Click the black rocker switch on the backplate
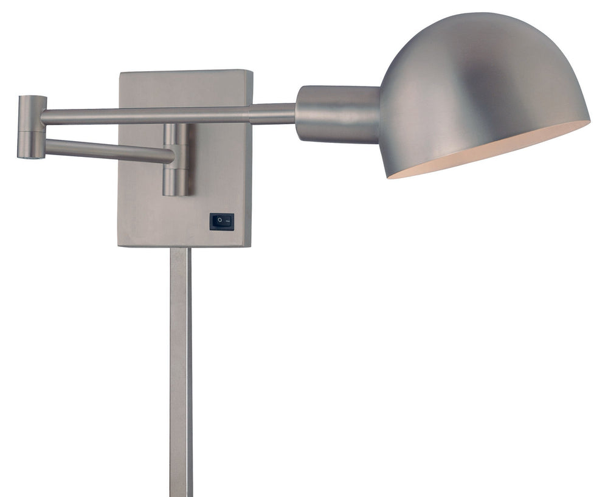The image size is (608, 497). [x=221, y=221]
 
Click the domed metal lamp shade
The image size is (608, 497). [x=480, y=79]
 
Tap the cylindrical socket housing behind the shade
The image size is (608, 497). [x=337, y=114]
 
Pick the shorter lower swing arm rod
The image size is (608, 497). [x=109, y=150]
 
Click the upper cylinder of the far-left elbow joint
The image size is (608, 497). [x=32, y=113]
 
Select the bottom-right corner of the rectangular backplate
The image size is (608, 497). [x=251, y=245]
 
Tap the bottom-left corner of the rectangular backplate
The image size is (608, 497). [x=119, y=245]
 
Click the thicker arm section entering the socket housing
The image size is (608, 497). [x=272, y=114]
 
